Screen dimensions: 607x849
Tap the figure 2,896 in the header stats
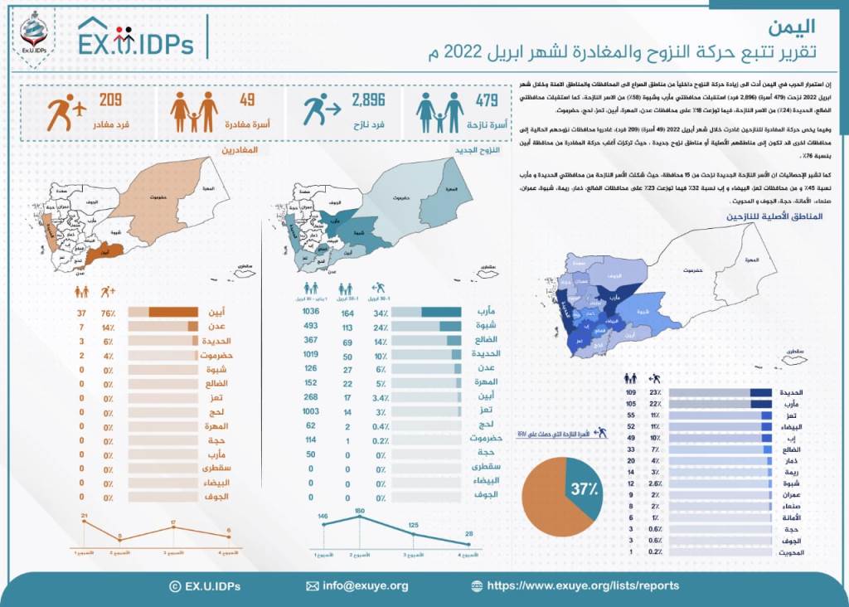click(369, 101)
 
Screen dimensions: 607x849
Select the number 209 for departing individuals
click(111, 100)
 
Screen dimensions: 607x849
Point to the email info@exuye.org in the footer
click(365, 585)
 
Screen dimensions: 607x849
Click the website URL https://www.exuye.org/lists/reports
click(583, 585)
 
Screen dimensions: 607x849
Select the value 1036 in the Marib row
click(312, 312)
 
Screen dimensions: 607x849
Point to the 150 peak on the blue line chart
click(360, 511)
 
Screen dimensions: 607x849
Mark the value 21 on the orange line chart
click(85, 517)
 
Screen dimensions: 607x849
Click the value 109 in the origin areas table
click(631, 391)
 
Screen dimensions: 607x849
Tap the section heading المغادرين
click(240, 152)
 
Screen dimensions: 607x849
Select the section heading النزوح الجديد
click(483, 152)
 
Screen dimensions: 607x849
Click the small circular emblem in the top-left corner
click(34, 33)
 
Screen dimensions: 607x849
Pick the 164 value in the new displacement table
click(348, 313)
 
